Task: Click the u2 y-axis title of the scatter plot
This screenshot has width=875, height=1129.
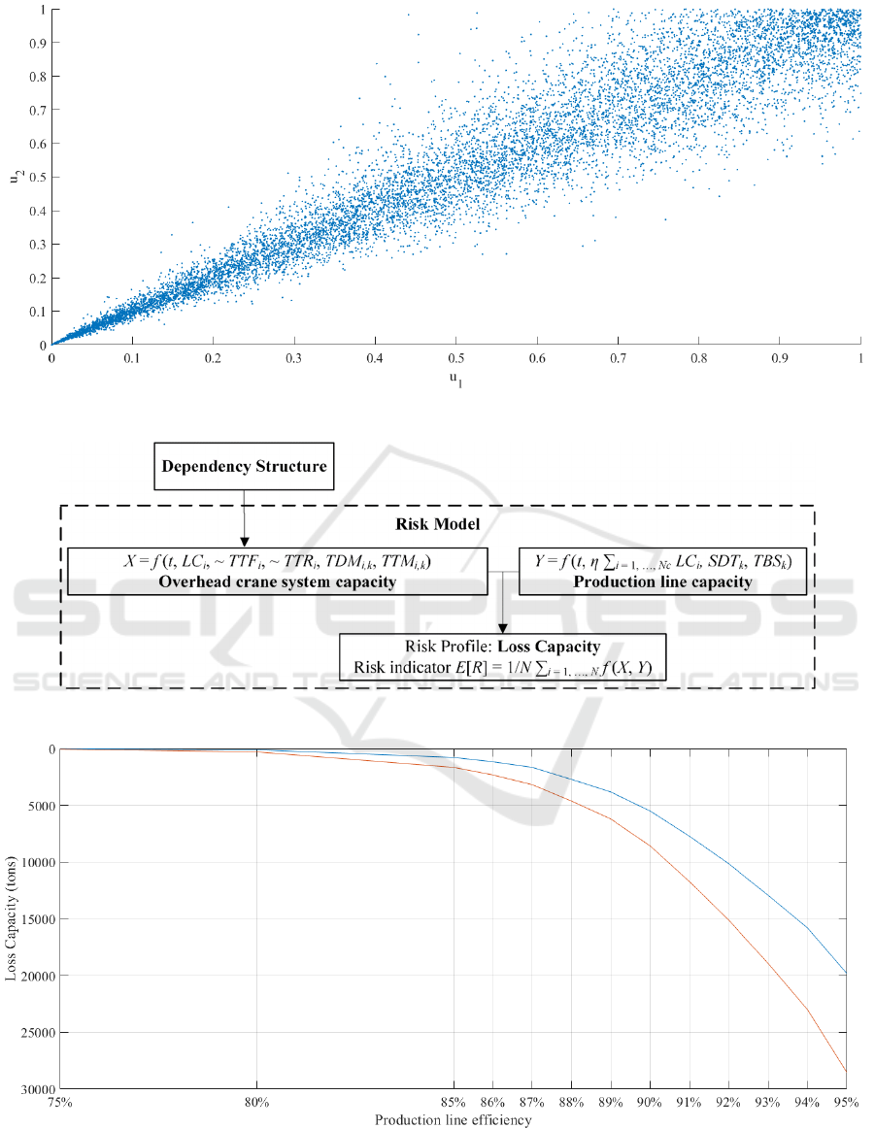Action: click(x=17, y=177)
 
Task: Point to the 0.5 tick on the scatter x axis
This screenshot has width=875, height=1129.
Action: click(x=456, y=358)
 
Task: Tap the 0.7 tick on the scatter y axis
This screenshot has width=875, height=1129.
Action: click(x=37, y=110)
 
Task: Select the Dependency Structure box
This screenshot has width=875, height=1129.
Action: click(x=244, y=466)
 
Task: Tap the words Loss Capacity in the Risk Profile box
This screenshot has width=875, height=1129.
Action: click(x=555, y=645)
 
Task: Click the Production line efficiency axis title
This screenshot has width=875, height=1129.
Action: click(x=454, y=1120)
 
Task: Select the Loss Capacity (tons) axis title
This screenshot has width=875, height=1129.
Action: click(x=13, y=918)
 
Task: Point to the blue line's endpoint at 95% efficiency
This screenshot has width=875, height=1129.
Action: click(x=846, y=975)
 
